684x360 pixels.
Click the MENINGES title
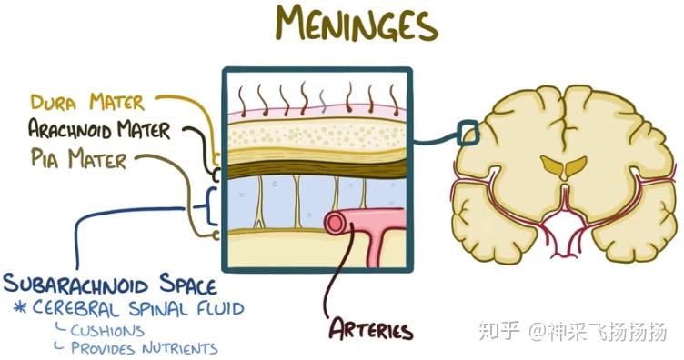357,24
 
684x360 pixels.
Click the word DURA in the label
53,103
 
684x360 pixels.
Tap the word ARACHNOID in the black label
69,129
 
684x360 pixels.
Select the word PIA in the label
44,158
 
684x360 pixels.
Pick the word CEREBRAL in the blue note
75,308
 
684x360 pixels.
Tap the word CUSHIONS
107,331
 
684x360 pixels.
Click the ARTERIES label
370,329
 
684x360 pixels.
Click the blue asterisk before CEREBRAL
20,308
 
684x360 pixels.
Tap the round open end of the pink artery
336,223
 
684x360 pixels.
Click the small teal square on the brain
468,132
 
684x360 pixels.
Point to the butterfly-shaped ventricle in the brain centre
564,167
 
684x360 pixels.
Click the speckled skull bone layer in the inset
317,135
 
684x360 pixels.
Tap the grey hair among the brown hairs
322,101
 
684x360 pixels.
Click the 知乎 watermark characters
498,332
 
